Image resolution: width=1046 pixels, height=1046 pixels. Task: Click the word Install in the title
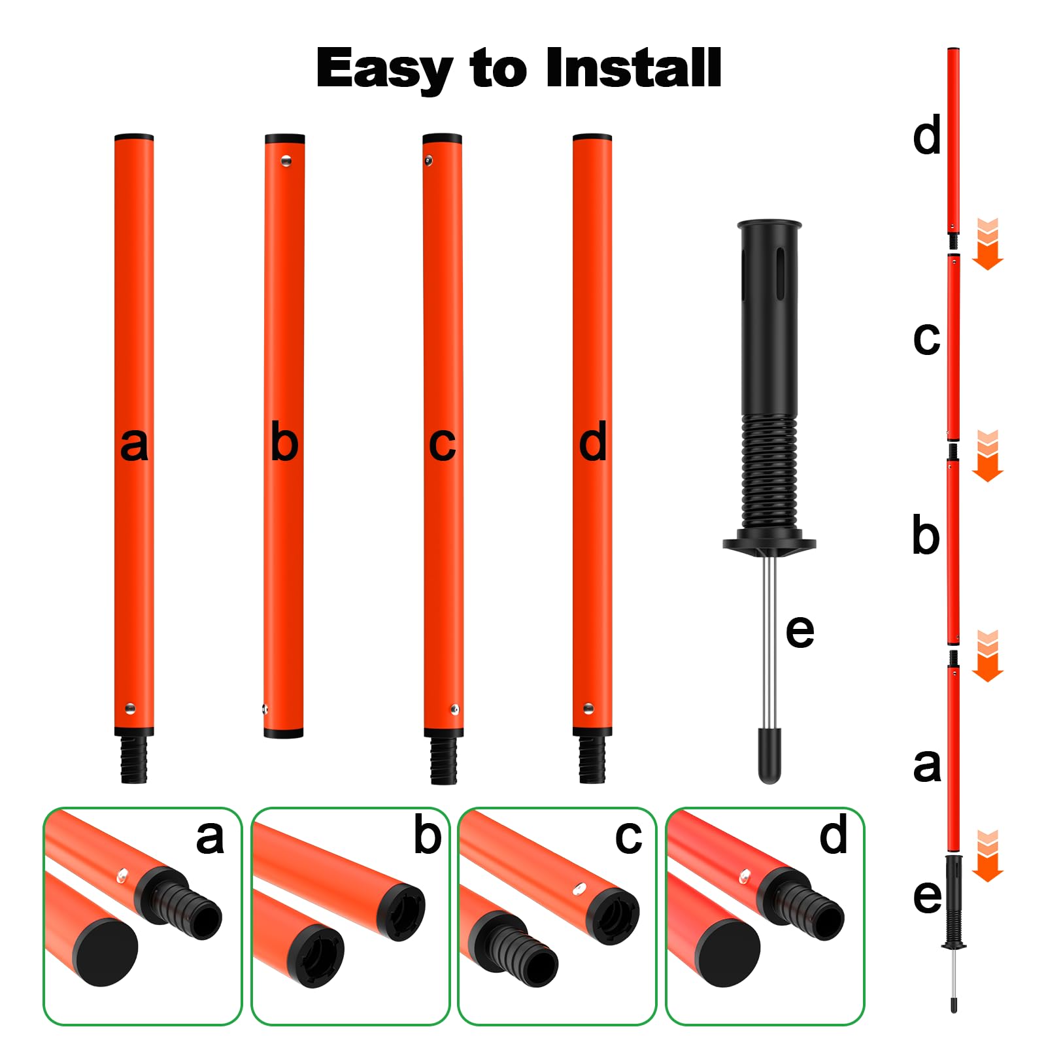click(633, 67)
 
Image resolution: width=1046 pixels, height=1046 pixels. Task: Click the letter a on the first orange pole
click(134, 445)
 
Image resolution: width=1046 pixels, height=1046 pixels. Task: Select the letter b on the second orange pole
click(284, 442)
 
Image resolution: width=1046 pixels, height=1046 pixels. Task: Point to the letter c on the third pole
click(442, 445)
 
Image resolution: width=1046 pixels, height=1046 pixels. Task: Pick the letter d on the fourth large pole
click(593, 442)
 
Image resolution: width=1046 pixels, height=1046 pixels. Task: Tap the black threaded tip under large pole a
click(134, 758)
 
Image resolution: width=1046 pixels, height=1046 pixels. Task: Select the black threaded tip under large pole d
click(592, 759)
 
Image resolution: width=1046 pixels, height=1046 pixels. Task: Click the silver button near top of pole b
click(286, 160)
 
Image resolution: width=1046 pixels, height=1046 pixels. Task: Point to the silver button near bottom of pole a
click(130, 709)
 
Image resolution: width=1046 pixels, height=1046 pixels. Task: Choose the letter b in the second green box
click(428, 835)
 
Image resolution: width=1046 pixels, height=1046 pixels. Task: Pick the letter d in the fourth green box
click(834, 834)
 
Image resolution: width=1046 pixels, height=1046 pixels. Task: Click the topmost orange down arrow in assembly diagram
click(988, 244)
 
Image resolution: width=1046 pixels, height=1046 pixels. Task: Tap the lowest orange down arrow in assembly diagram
click(988, 856)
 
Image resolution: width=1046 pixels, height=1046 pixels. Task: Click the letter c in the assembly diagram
click(926, 339)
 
